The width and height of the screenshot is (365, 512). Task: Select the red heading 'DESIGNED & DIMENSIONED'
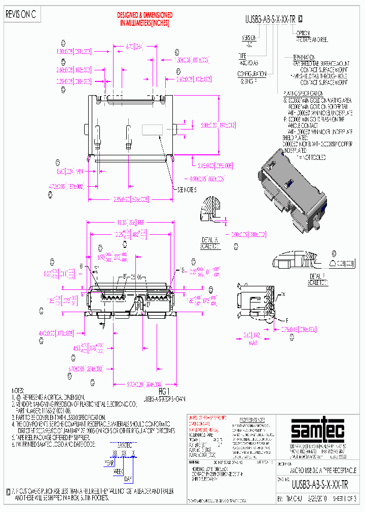[144, 16]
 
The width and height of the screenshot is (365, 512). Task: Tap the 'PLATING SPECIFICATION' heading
[303, 94]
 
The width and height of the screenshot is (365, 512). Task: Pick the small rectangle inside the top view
[151, 130]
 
